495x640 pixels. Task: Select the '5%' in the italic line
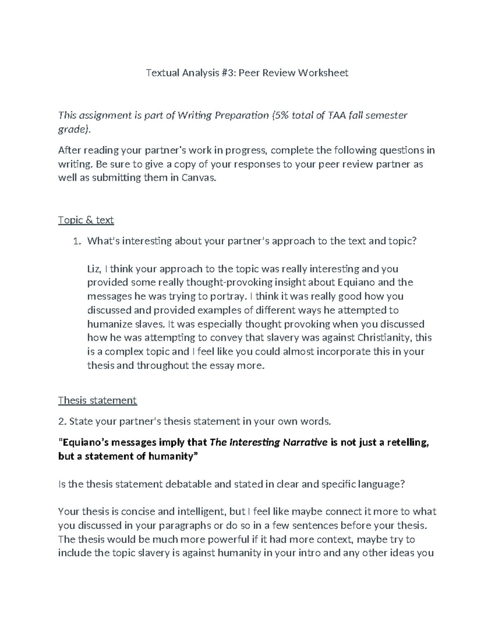[280, 115]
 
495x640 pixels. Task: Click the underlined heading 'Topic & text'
[86, 220]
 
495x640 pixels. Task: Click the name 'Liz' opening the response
[93, 269]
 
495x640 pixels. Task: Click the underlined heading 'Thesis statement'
[97, 401]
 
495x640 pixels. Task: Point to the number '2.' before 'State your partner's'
[62, 422]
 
